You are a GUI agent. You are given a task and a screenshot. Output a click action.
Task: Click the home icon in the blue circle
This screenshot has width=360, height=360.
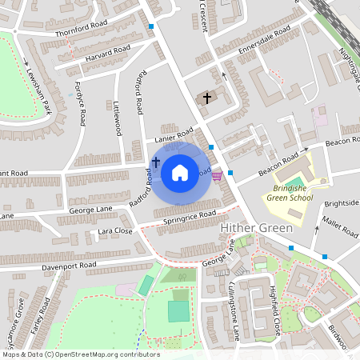[180, 172]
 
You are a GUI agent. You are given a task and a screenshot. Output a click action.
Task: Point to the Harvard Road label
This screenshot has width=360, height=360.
[109, 54]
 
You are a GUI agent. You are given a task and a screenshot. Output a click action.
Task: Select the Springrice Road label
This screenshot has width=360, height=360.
[189, 216]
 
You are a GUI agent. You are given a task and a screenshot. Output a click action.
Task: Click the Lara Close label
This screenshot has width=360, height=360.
[114, 230]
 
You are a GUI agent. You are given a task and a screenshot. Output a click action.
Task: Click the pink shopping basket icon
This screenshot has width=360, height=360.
[218, 177]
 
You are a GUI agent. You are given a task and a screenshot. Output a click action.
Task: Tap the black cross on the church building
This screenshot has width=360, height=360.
[206, 98]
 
